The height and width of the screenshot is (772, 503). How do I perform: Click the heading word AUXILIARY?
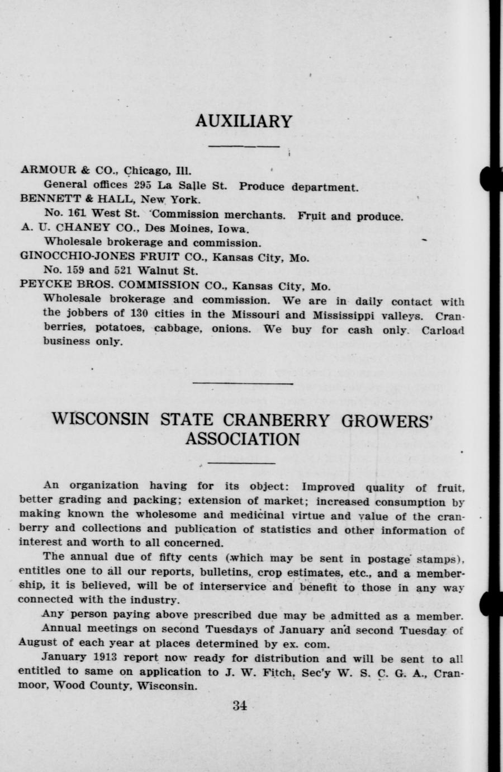coord(244,121)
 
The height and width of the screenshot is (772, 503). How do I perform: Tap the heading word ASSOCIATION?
coord(242,439)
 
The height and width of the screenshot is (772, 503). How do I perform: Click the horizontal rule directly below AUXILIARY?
coord(244,147)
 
